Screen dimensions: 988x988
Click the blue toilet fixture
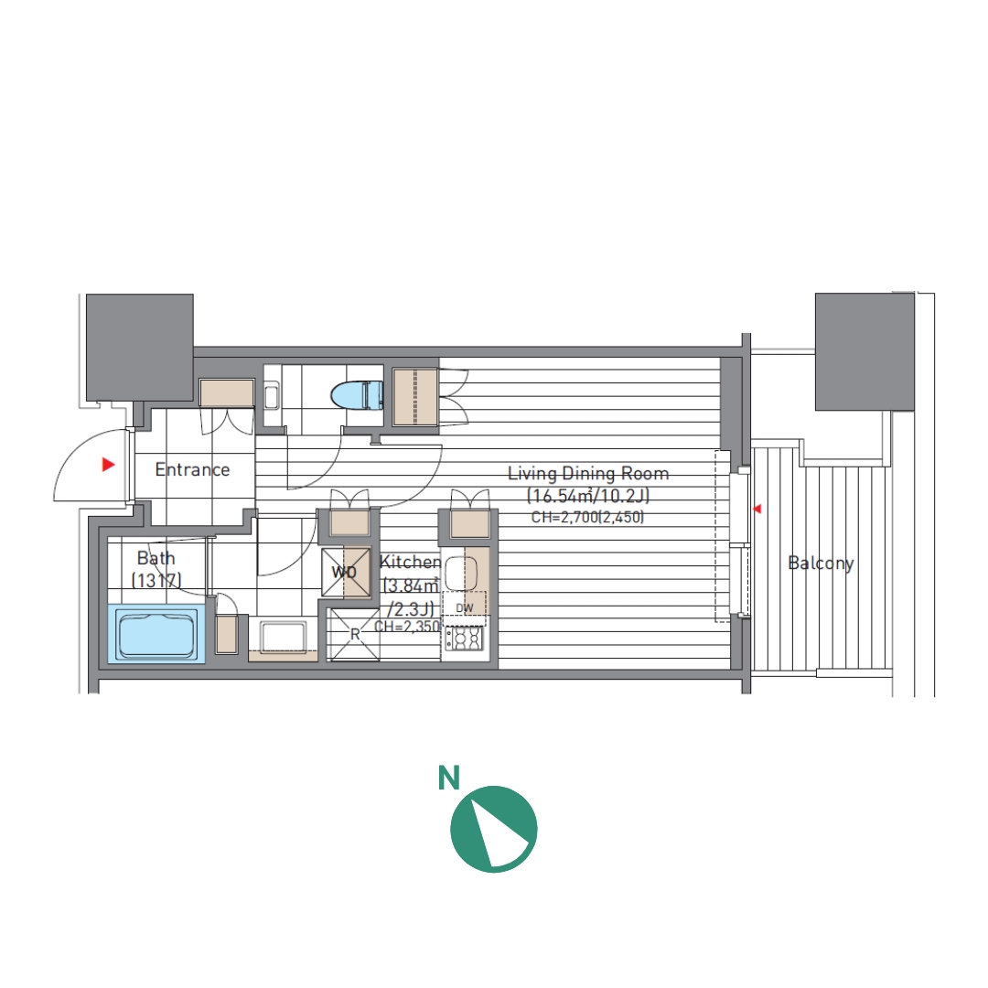click(358, 395)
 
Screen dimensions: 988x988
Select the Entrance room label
click(192, 469)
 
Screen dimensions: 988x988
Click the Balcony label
click(821, 563)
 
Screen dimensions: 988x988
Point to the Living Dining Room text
click(588, 473)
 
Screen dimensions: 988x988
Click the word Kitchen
click(410, 562)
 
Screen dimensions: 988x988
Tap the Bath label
click(156, 558)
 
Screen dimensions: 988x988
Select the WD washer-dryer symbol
click(346, 572)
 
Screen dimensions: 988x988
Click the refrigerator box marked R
click(355, 635)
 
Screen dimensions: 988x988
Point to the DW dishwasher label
click(465, 608)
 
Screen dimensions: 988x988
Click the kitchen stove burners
click(464, 639)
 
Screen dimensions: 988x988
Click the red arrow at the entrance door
click(109, 465)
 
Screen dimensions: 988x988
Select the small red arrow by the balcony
click(757, 509)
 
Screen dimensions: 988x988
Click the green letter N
click(448, 779)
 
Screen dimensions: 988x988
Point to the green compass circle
click(493, 829)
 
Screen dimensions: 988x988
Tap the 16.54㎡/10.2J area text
click(588, 496)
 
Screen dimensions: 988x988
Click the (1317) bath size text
click(156, 580)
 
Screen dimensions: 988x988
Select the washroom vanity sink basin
click(283, 638)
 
